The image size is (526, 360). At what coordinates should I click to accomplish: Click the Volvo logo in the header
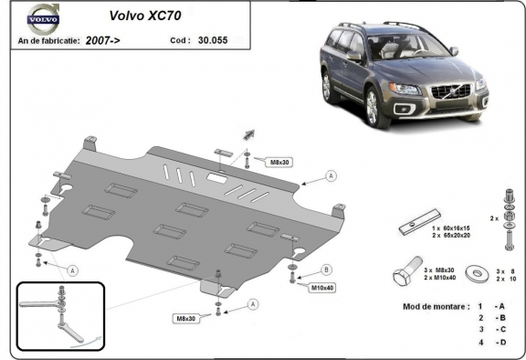tap(41, 18)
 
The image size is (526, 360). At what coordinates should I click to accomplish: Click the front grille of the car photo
tap(450, 95)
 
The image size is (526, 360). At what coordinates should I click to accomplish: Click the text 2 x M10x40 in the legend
tap(440, 277)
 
